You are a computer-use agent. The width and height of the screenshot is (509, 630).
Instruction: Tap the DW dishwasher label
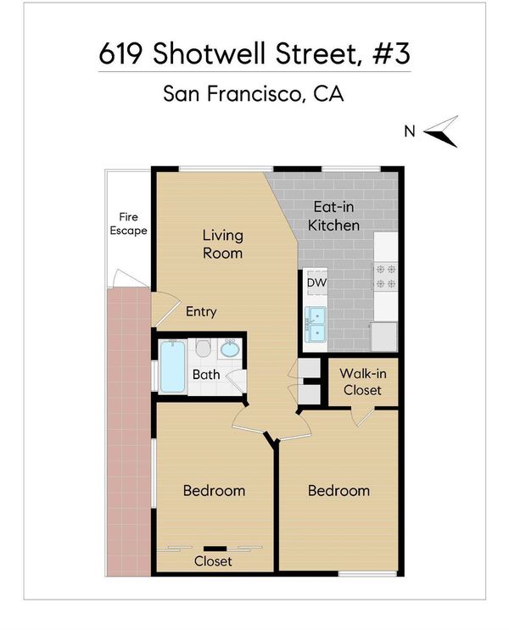tap(316, 282)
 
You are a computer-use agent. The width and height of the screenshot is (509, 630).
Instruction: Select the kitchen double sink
tap(316, 324)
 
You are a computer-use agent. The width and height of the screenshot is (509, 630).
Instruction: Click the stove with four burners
tap(385, 276)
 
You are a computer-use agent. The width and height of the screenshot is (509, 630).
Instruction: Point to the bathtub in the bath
tap(173, 366)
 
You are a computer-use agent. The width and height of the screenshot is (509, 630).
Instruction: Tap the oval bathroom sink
tap(230, 348)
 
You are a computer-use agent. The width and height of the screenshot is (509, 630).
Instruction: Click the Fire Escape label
tap(128, 224)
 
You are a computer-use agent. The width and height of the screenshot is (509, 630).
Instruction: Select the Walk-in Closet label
tap(362, 382)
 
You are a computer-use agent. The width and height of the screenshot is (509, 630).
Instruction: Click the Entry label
tap(201, 312)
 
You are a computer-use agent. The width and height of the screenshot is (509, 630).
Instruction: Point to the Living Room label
tap(223, 244)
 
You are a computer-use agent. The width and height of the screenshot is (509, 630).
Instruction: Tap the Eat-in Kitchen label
tap(333, 216)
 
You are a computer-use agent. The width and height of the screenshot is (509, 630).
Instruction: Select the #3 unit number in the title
tap(391, 53)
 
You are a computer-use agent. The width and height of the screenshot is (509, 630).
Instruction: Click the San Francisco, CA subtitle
tap(254, 93)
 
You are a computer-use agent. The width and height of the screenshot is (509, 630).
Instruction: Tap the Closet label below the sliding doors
tap(213, 560)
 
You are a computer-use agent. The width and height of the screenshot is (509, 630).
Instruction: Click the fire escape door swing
tap(130, 278)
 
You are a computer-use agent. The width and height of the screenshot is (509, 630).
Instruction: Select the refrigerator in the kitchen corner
tap(384, 337)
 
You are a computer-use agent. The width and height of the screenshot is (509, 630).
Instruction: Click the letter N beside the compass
tap(409, 131)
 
